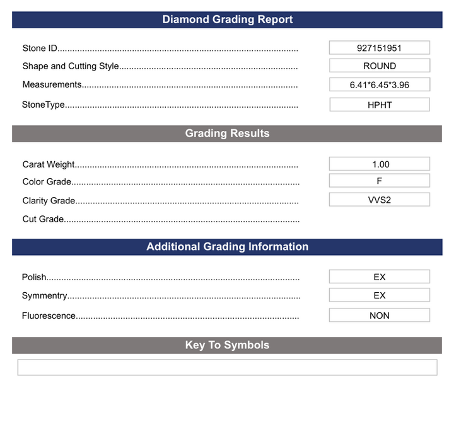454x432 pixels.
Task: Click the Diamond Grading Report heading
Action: point(227,20)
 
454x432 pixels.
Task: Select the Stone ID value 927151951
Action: point(380,48)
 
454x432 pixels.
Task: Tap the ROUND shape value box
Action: point(380,65)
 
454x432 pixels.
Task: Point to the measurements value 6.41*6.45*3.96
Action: point(380,85)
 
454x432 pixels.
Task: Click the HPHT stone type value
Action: point(380,105)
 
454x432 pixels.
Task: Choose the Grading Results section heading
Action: point(227,134)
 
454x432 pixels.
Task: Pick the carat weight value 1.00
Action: point(380,164)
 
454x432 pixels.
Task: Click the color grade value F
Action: point(380,181)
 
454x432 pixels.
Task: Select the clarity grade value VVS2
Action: point(380,200)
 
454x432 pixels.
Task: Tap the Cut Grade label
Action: point(43,219)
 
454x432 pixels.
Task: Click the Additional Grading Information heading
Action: point(227,247)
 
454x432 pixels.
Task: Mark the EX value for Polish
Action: point(380,276)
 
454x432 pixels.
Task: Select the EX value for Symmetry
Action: point(380,295)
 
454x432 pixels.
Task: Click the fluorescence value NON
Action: point(380,315)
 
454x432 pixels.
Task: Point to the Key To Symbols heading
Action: point(227,345)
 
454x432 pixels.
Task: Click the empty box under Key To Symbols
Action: point(227,367)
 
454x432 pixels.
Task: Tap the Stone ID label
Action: point(40,48)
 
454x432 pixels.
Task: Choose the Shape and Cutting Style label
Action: point(70,66)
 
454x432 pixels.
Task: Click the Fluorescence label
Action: point(49,316)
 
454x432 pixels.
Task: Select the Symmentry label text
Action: point(44,296)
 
